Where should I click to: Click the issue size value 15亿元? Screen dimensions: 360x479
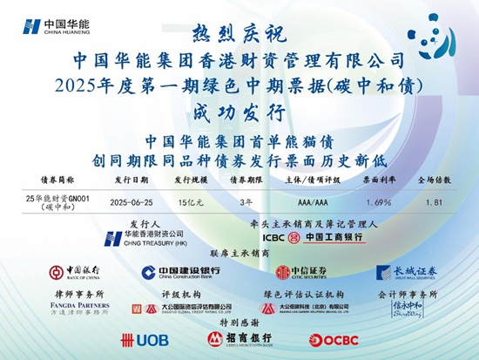point(188,203)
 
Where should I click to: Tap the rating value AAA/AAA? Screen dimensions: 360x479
point(311,203)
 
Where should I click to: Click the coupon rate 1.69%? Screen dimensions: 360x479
point(376,203)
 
